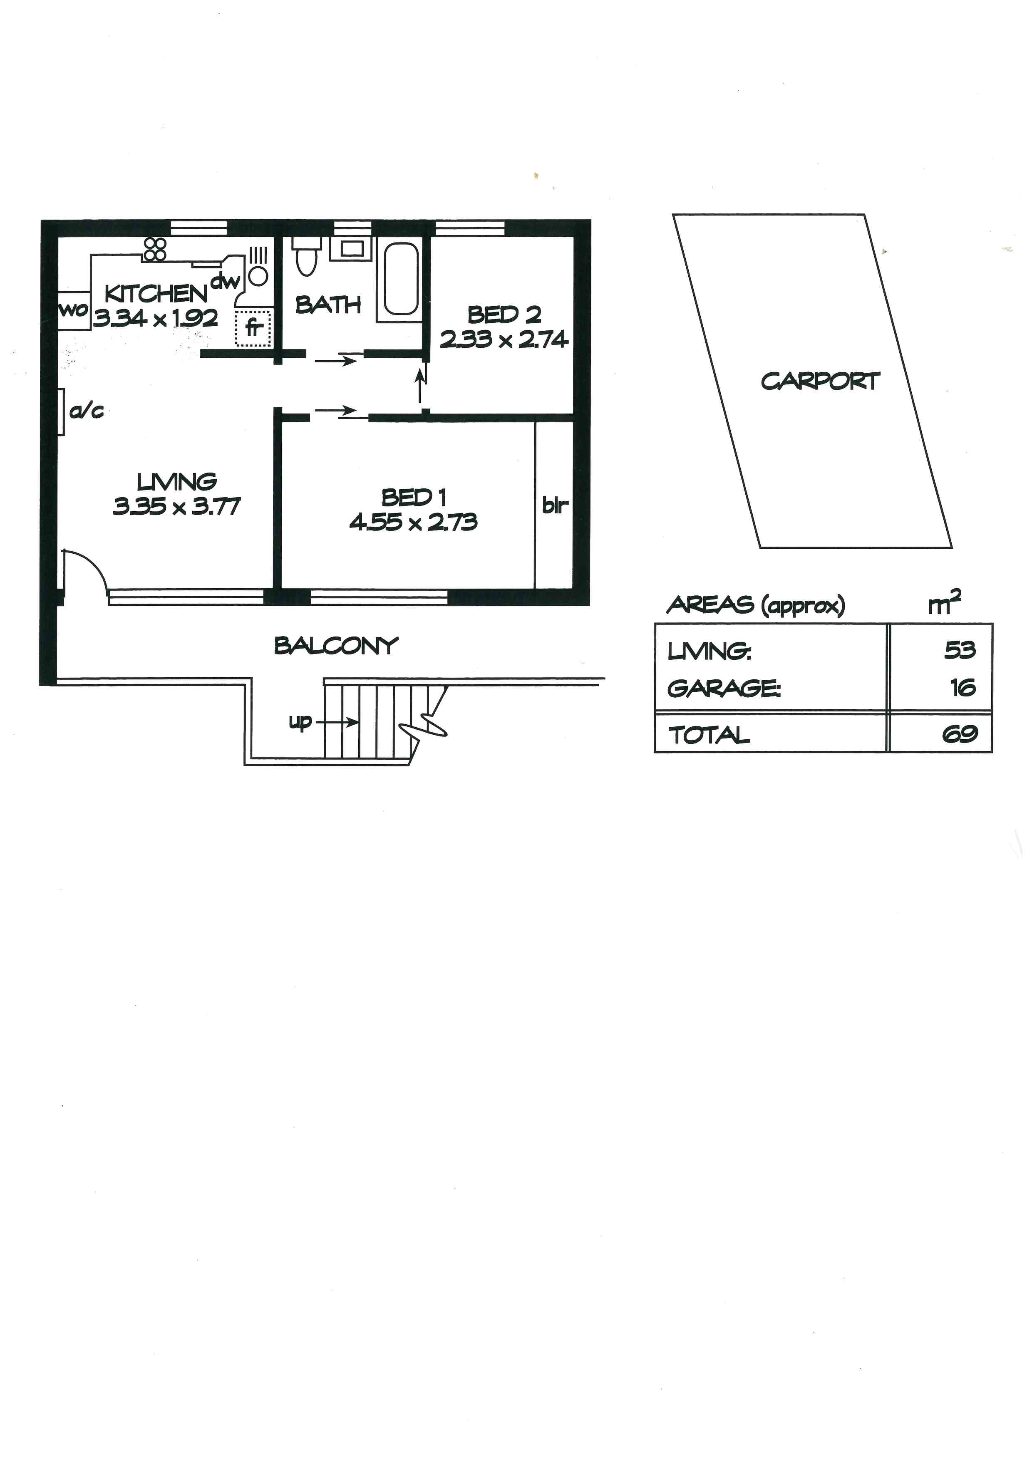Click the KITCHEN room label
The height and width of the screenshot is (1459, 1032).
(156, 294)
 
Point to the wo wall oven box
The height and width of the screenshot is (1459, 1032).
(73, 311)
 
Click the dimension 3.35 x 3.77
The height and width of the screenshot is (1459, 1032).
(177, 506)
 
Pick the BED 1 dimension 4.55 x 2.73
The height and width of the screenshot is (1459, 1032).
(413, 523)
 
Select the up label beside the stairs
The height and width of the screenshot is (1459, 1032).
(300, 722)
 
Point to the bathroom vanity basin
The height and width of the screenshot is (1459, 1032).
(351, 248)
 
